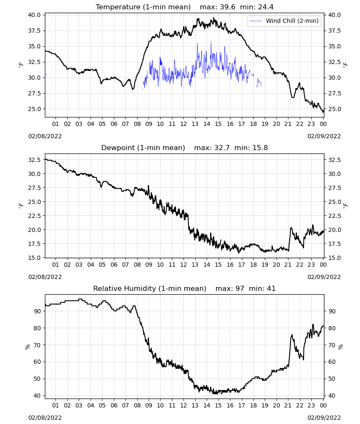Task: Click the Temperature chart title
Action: coord(185,7)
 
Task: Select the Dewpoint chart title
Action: coord(185,148)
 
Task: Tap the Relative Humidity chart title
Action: coord(185,288)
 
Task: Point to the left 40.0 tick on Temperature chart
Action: coord(34,15)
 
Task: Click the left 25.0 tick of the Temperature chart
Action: coord(34,109)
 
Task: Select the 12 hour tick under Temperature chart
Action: coord(184,124)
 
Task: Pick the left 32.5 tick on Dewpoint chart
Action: coord(34,160)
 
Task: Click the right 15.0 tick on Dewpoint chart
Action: coord(334,258)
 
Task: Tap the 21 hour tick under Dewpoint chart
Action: coord(288,265)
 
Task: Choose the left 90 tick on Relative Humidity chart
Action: coord(37,311)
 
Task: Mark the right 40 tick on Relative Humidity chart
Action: coord(332,396)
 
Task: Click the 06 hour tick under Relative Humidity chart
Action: coord(114,405)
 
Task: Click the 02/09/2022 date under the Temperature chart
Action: coord(324,136)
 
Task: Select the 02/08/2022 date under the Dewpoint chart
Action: coord(45,277)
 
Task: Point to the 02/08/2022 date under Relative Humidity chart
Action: coord(45,418)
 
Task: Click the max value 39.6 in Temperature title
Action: coord(227,7)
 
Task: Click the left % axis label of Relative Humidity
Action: coord(27,347)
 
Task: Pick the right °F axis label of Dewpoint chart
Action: coord(346,206)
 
